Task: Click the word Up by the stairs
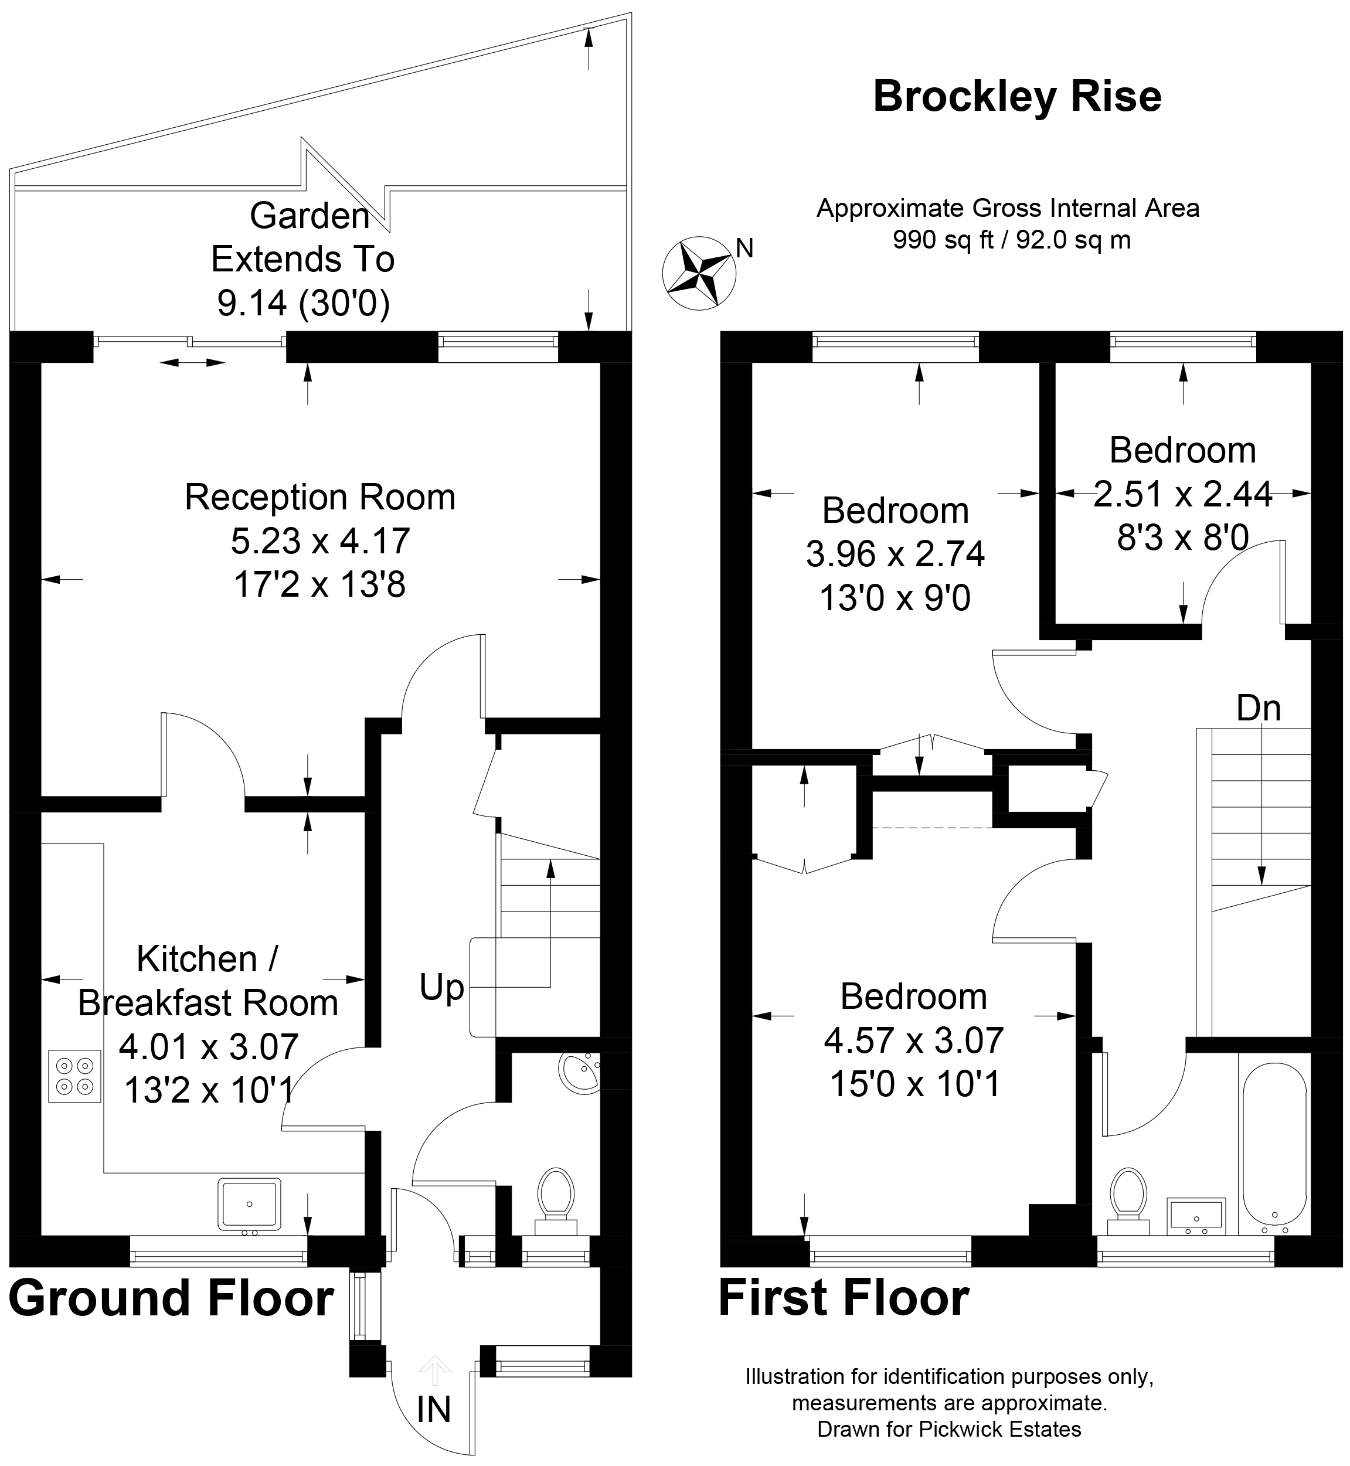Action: (x=442, y=989)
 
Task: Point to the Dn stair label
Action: (x=1259, y=708)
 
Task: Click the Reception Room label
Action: (x=320, y=498)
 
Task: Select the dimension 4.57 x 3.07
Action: (x=914, y=1040)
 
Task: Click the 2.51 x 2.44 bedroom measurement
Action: (x=1183, y=495)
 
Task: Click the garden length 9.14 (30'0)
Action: (x=303, y=303)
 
